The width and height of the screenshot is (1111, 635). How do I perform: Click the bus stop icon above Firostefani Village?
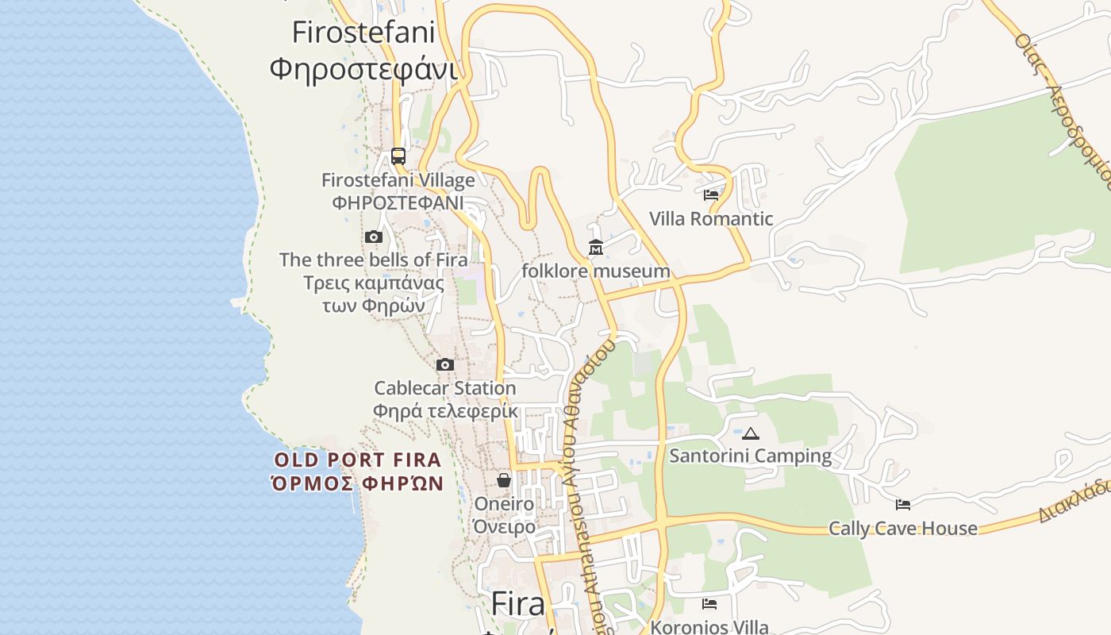(x=398, y=156)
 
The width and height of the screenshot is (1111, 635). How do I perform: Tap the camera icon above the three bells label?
(x=374, y=237)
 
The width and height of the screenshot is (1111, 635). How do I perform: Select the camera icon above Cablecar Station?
(x=445, y=365)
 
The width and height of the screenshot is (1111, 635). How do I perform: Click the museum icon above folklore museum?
(x=596, y=248)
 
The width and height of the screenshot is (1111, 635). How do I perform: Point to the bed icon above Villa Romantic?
(x=711, y=194)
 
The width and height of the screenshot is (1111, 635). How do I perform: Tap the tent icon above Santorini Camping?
(x=751, y=433)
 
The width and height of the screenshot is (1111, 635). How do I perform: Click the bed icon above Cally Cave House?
(x=903, y=504)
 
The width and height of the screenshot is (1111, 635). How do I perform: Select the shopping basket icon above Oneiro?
(x=504, y=480)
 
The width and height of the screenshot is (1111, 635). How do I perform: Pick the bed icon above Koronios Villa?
(x=709, y=604)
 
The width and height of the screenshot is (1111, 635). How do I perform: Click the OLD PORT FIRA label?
(x=357, y=460)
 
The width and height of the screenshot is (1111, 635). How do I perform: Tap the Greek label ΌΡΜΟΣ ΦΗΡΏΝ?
(x=357, y=483)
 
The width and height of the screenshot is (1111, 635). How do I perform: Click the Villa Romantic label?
(x=711, y=219)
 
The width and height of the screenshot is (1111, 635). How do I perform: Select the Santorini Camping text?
(x=751, y=456)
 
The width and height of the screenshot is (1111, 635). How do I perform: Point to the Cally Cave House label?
(x=903, y=529)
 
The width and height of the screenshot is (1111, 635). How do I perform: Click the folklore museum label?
(x=596, y=271)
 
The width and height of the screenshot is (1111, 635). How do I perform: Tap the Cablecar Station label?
(x=445, y=388)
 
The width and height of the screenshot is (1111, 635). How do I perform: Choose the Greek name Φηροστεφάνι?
(x=363, y=68)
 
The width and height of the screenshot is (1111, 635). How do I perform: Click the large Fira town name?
(x=518, y=604)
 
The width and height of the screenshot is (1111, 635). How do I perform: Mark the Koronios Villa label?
(x=709, y=627)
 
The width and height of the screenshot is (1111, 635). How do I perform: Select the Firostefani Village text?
(x=398, y=180)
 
